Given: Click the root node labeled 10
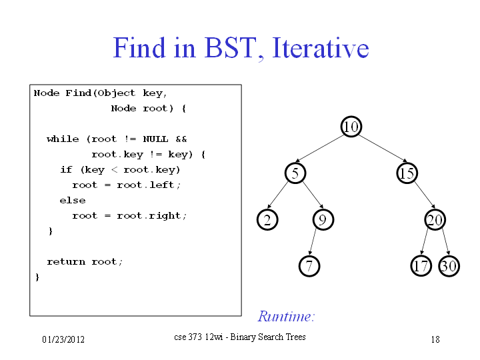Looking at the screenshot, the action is pos(351,127).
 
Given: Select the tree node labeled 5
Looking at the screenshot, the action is pos(295,173).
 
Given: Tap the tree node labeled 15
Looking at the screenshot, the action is pos(407,173).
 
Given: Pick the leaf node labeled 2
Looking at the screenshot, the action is pos(267,219).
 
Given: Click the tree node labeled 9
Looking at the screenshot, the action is pos(323,219).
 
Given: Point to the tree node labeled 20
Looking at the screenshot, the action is pos(435,219).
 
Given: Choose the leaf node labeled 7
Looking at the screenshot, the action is pos(309,266).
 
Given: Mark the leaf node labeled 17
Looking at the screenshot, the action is pos(421,266).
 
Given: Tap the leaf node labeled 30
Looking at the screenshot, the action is pos(449,266).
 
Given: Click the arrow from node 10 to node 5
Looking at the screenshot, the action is pos(319,148).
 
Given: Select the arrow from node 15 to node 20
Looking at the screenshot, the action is pos(425,195).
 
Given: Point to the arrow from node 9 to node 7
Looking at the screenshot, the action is pos(313,242).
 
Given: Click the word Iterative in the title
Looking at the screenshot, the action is pos(320,48).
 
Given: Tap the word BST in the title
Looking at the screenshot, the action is pos(229,48).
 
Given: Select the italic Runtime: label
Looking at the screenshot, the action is pos(286,316).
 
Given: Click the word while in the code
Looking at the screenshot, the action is pos(63,139).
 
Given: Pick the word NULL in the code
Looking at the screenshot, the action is pos(155,139).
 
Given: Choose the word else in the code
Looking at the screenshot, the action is pos(73,201).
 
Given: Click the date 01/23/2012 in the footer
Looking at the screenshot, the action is pos(63,339).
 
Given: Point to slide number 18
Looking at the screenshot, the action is pos(435,339).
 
